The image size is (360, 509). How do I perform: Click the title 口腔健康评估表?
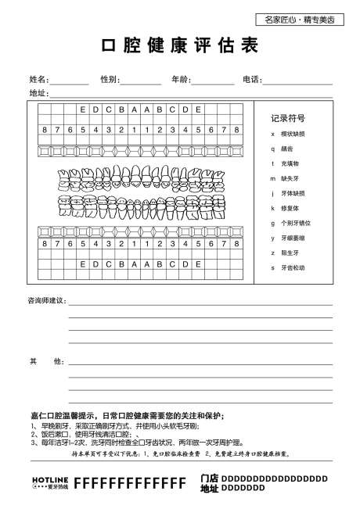click(179, 46)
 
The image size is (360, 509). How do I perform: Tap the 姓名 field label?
click(38, 80)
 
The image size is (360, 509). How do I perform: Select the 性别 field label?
click(110, 80)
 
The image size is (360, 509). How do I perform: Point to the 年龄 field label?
click(180, 80)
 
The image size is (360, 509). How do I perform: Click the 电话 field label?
click(252, 80)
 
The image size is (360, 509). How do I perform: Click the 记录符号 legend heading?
click(288, 118)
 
